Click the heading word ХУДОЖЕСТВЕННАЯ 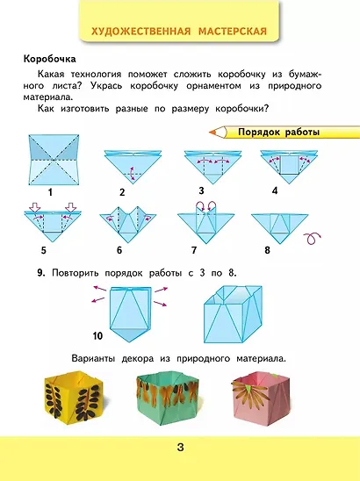[141, 32]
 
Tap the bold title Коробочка [50, 59]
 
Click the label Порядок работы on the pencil [278, 133]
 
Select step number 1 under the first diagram [50, 192]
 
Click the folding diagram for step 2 [133, 167]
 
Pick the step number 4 [275, 190]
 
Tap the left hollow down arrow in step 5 [36, 207]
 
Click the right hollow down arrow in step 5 [70, 207]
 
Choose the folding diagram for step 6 [127, 224]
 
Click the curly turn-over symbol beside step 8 [313, 239]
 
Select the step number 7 [194, 250]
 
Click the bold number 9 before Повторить [41, 273]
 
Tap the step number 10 [97, 336]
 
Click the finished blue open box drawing [234, 314]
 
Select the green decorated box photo [168, 398]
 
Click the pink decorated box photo [261, 396]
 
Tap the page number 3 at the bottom [181, 448]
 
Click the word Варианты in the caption [93, 359]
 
